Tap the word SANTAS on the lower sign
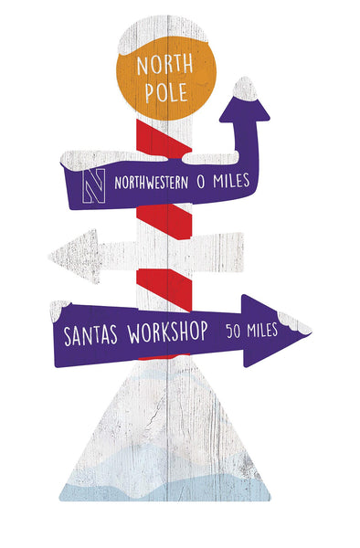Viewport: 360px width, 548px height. [x=92, y=333]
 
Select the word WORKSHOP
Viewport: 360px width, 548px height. [x=168, y=330]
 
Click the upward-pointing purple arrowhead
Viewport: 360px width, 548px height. [x=244, y=104]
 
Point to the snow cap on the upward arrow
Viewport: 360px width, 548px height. [x=244, y=87]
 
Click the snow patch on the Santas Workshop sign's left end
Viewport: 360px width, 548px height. [x=59, y=308]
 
